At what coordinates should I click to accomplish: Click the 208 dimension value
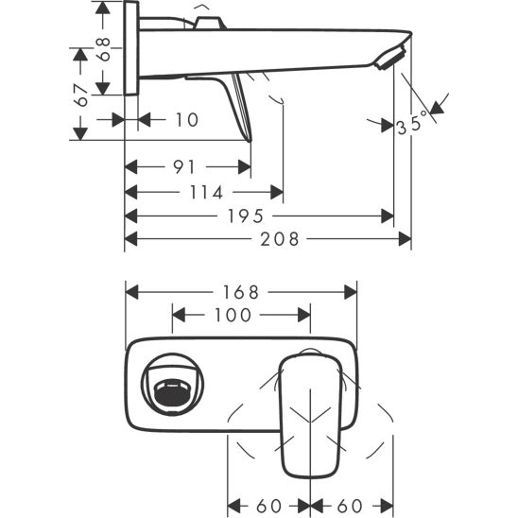point(281,240)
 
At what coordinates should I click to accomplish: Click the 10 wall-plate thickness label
point(187,119)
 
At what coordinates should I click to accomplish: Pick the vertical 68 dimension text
point(105,44)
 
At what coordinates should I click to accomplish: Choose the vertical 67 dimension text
point(83,95)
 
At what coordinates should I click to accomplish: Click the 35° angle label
point(412,124)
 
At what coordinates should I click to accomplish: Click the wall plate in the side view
point(132,47)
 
